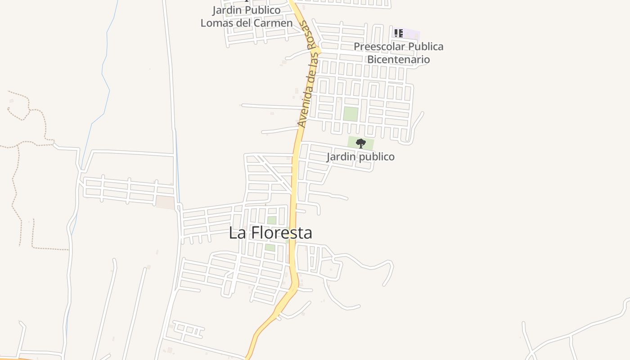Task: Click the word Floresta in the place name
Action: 281,233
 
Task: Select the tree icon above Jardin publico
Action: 360,144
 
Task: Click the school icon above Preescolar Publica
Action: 398,33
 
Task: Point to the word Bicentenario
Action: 398,59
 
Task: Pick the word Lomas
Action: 215,23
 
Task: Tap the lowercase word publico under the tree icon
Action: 376,157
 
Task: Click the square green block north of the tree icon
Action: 351,114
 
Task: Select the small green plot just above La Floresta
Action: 271,220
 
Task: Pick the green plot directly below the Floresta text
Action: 270,247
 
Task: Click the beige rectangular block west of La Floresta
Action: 165,202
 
